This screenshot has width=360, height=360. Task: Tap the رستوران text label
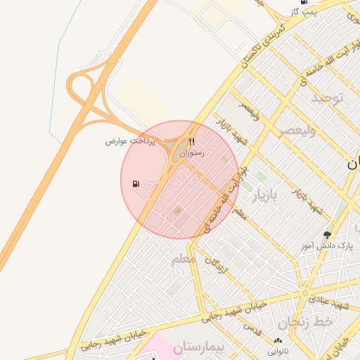[x=191, y=153]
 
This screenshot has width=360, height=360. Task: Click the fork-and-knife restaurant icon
[x=191, y=141]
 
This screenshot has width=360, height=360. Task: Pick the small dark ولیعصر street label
[x=250, y=110]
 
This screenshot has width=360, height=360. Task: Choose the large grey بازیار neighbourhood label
[x=262, y=195]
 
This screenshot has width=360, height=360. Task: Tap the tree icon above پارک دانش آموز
[x=327, y=234]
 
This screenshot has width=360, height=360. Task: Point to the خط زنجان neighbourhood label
[x=303, y=323]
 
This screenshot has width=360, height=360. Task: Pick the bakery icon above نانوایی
[x=276, y=341]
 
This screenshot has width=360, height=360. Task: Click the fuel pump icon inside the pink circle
[x=136, y=184]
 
